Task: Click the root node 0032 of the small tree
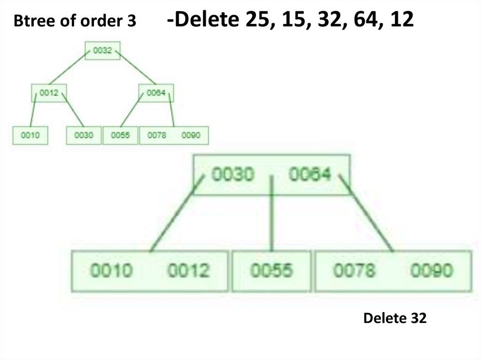coord(102,51)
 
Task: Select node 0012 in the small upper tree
coord(48,93)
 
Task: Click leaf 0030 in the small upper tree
coord(84,135)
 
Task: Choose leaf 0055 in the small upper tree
coord(120,135)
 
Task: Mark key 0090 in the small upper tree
coord(191,135)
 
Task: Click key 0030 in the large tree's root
coord(233,175)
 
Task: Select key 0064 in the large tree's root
coord(310,175)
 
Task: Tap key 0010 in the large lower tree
coord(111,271)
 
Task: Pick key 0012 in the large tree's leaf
coord(189,271)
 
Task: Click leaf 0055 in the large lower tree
coord(272,271)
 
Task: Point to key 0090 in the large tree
coord(431,271)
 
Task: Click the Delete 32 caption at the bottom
coord(395,319)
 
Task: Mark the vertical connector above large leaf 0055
coord(272,214)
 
